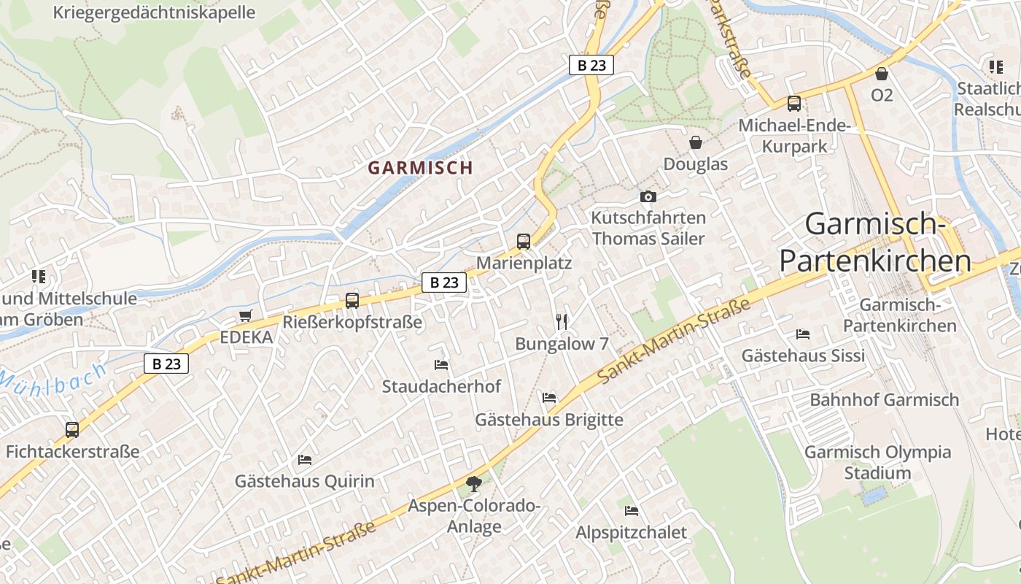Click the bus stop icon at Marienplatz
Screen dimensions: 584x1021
(524, 241)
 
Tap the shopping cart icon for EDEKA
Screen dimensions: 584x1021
(245, 316)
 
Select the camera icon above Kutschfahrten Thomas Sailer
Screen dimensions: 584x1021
(648, 196)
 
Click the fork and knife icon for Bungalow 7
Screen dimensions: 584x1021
(562, 321)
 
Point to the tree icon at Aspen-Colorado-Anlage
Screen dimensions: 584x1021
(474, 483)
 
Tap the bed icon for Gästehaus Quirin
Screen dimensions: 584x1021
(305, 459)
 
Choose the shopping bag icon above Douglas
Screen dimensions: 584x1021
(696, 142)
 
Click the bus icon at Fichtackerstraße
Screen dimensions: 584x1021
(72, 429)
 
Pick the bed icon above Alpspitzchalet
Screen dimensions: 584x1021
(632, 510)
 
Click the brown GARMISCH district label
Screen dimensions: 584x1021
(421, 168)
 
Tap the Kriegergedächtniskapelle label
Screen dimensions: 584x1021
(154, 12)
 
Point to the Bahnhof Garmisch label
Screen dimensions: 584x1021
(885, 400)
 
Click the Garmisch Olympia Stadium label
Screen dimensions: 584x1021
(878, 462)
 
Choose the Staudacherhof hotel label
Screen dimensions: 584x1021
(442, 386)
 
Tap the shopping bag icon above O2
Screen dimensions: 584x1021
(882, 74)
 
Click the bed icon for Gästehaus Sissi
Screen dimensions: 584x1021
(803, 334)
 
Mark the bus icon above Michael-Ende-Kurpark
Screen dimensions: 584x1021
(794, 104)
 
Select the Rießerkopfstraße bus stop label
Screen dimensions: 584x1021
(352, 322)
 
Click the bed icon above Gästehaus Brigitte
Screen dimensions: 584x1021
(549, 397)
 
